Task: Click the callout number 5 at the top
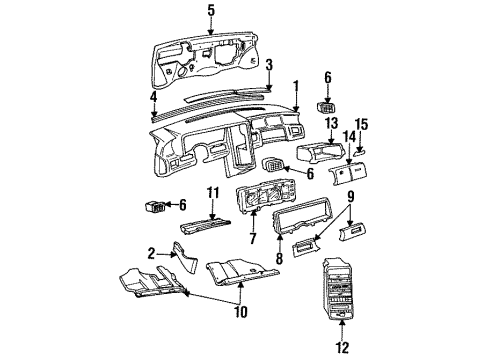pos(211,11)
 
